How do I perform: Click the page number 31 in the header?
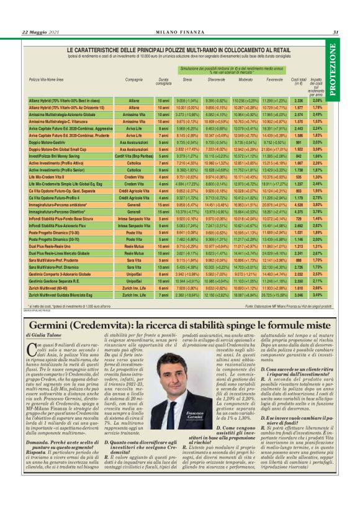pyautogui.click(x=335, y=32)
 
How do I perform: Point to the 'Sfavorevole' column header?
pyautogui.click(x=215, y=80)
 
